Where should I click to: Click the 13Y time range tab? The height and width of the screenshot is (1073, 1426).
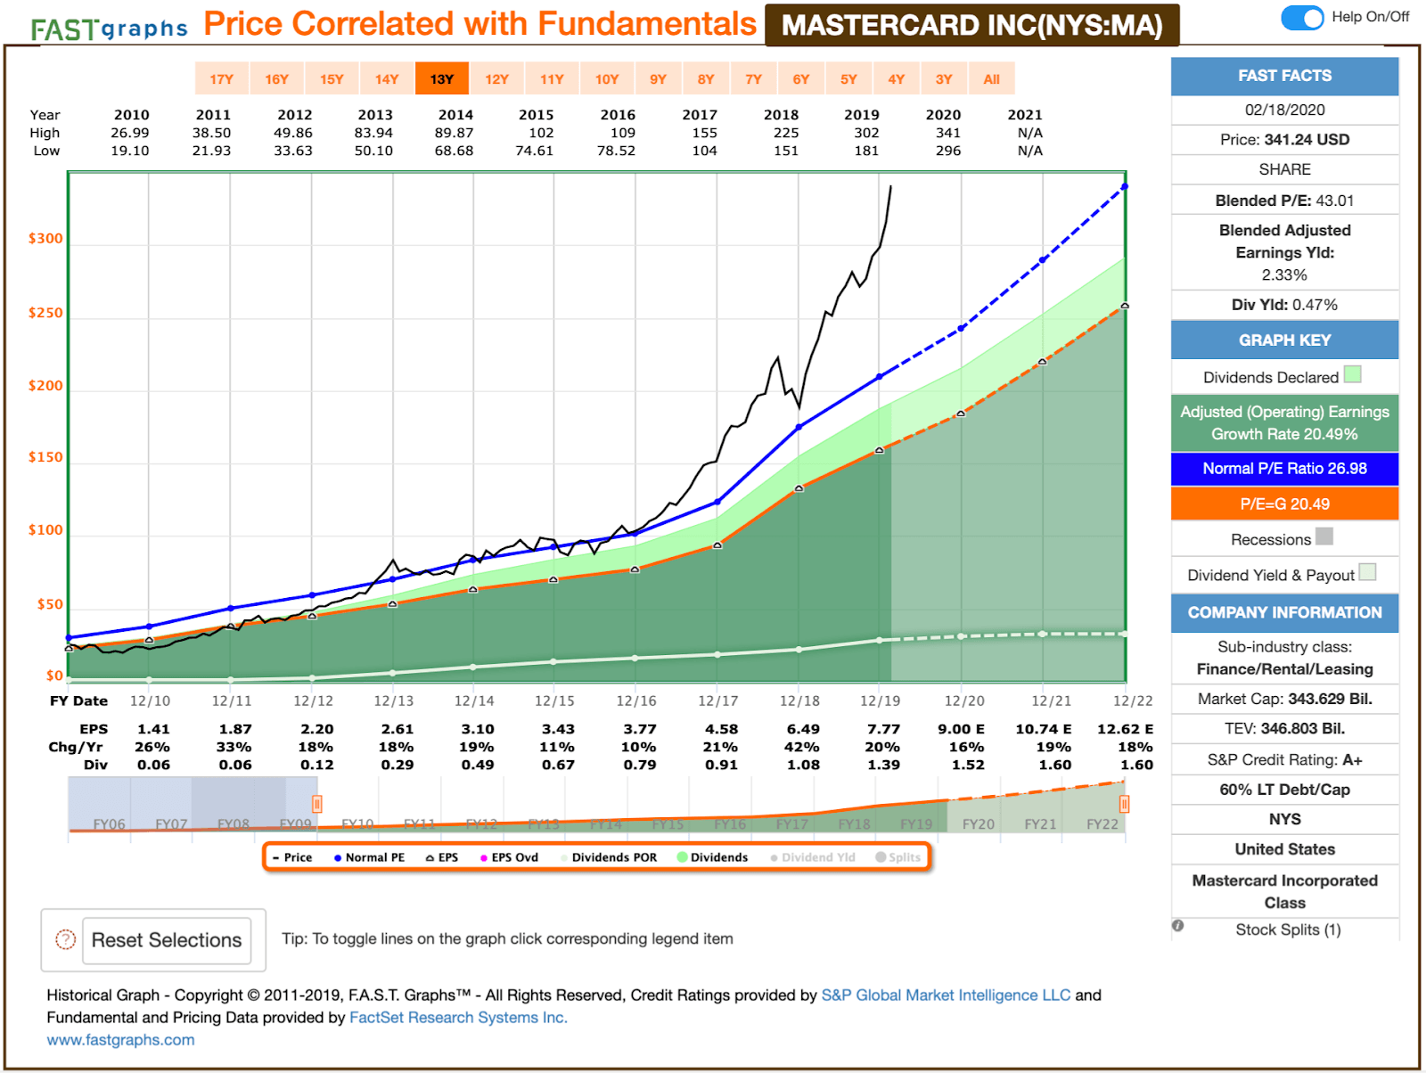point(442,79)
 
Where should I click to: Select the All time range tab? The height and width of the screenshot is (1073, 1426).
point(991,79)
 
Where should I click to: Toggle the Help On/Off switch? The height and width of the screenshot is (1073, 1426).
point(1302,17)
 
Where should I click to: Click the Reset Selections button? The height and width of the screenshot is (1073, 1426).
point(167,940)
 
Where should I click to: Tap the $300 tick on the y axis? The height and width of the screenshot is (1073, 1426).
point(45,239)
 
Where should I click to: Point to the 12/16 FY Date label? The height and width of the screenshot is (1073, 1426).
point(636,701)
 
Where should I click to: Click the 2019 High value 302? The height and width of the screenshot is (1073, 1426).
point(866,133)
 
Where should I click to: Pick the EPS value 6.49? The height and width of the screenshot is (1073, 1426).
point(803,729)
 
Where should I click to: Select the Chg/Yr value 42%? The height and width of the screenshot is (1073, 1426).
point(801,747)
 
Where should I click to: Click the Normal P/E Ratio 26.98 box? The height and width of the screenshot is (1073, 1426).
point(1284,469)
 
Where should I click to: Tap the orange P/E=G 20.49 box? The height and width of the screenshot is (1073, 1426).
point(1284,504)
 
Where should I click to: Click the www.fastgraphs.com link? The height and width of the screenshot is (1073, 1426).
point(120,1040)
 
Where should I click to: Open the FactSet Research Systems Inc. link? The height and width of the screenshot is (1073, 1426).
point(458,1018)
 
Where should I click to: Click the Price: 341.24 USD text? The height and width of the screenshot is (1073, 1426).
point(1284,140)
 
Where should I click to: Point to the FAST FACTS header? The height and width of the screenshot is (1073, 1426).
point(1284,76)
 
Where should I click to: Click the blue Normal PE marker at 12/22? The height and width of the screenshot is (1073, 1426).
point(1125,186)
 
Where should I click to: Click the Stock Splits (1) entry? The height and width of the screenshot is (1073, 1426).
point(1287,930)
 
